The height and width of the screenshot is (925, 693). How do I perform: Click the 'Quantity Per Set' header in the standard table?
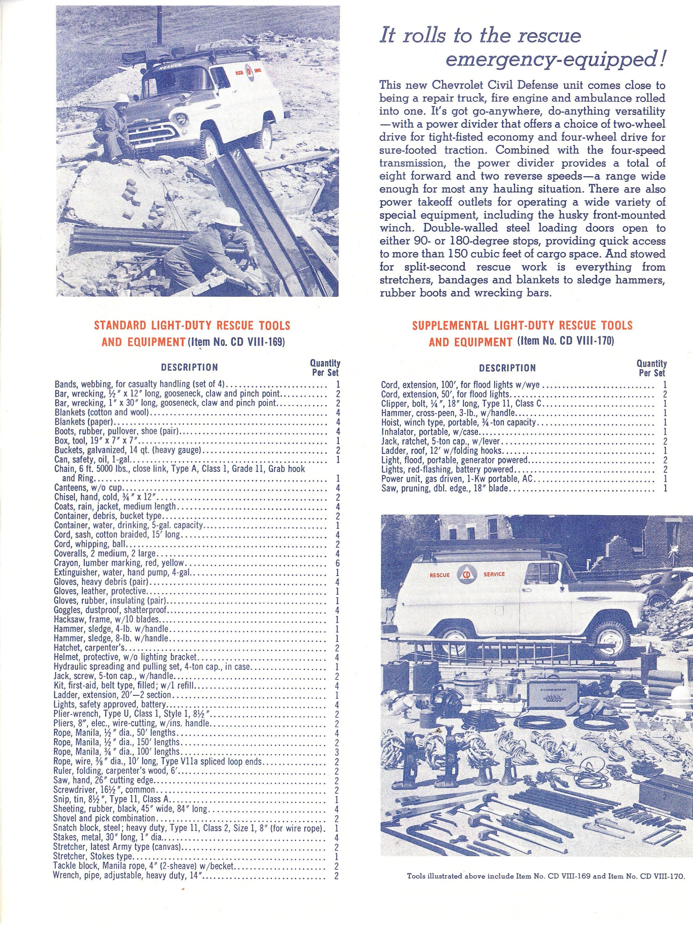point(324,367)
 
